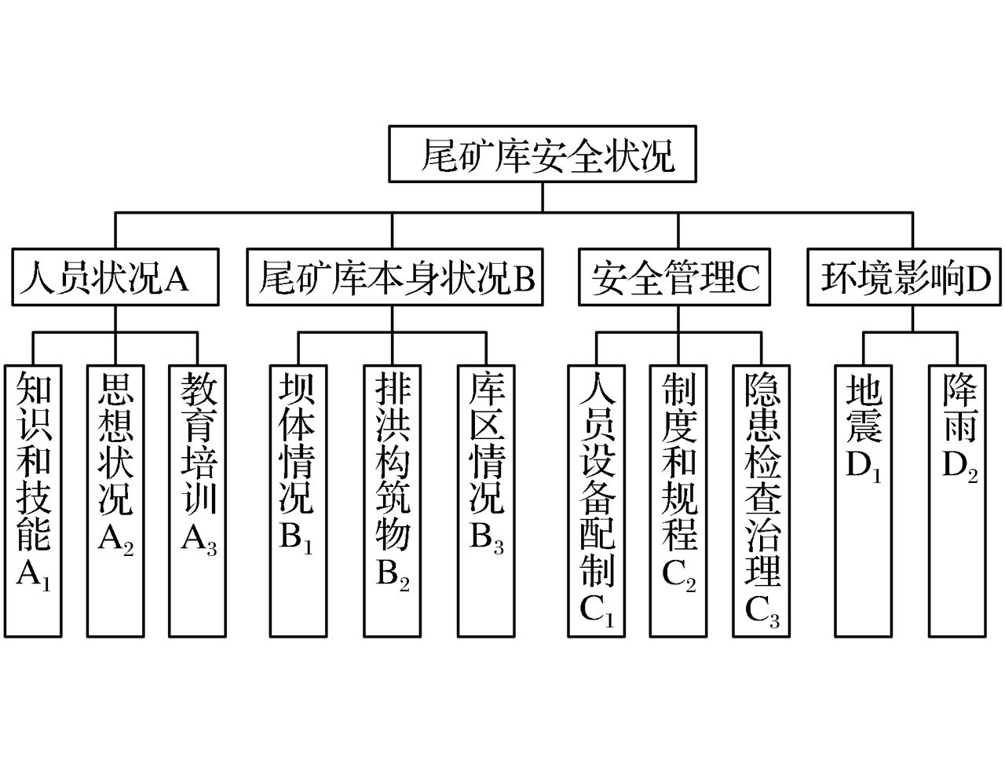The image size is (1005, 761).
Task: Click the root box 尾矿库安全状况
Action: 543,155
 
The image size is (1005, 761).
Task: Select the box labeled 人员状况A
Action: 115,277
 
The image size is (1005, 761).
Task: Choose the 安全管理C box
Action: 676,277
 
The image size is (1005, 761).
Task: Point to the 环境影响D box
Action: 905,277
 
